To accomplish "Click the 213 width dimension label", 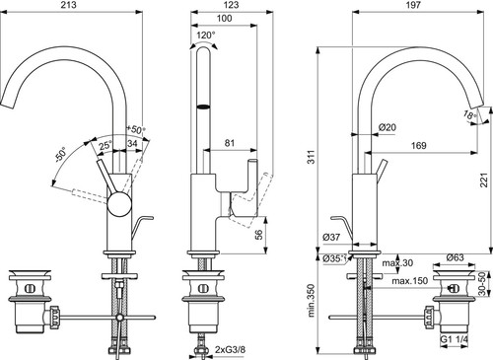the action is point(69,5).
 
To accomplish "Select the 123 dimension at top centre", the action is point(232,5).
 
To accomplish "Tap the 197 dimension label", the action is point(413,5).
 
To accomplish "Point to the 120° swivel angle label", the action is point(206,35).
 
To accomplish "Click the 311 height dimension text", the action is point(311,157).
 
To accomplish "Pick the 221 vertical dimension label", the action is point(484,180).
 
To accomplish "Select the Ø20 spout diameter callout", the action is point(387,127).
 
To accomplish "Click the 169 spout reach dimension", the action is point(419,145).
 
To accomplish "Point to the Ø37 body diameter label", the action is point(331,237).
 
